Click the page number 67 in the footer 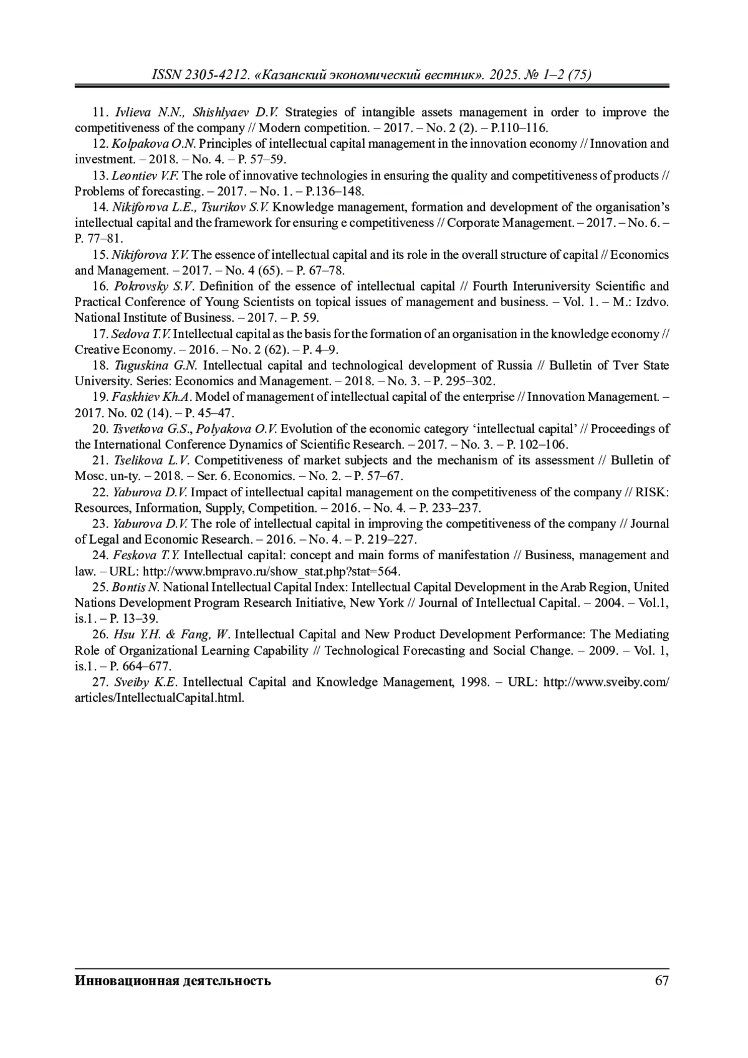pyautogui.click(x=661, y=981)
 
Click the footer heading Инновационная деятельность pyautogui.click(x=173, y=981)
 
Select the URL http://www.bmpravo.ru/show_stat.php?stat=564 pyautogui.click(x=271, y=572)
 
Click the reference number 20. pyautogui.click(x=100, y=429)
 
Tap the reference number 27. pyautogui.click(x=100, y=682)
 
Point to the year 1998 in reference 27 pyautogui.click(x=474, y=682)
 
